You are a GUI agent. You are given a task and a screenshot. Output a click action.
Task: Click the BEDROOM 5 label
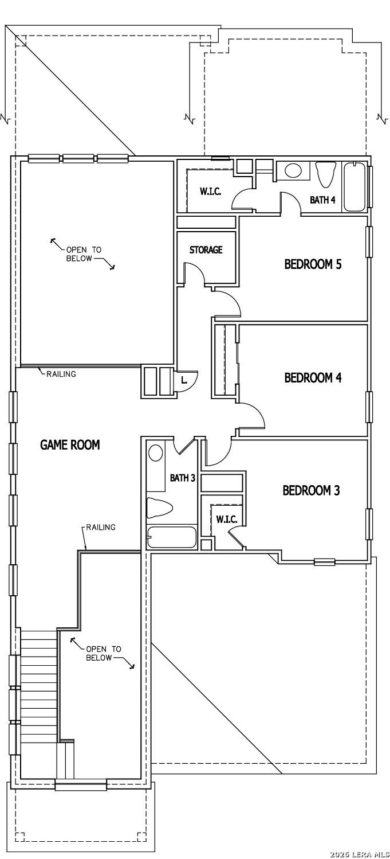coord(313,264)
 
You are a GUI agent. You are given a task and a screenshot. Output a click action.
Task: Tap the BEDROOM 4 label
coord(313,378)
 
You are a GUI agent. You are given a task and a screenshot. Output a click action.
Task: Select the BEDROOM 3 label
coord(311,490)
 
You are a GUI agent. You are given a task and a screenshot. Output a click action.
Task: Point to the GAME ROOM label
coord(70,445)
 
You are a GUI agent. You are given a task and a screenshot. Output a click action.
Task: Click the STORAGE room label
coord(206,250)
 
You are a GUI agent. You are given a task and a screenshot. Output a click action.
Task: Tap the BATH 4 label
coord(322,200)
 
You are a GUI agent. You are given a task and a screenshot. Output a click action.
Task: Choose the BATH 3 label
coord(183,478)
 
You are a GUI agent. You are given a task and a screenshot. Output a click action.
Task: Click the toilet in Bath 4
coord(326,174)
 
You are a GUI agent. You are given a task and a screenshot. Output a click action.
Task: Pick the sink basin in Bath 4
coord(293,171)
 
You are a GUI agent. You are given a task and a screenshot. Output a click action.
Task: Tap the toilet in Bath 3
coord(160,507)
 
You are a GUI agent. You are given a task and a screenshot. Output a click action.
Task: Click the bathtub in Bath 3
coord(172,537)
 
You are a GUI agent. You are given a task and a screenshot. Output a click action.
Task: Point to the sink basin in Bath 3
coord(156,453)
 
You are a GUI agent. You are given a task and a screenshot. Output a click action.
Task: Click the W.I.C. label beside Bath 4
coord(210,192)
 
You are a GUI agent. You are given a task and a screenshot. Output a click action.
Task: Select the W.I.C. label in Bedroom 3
coord(227,520)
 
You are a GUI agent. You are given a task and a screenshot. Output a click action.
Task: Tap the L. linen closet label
coord(184,380)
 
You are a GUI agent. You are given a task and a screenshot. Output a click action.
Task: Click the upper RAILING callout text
coord(61,374)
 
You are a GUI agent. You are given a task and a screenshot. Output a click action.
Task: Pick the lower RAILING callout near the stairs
coord(101,528)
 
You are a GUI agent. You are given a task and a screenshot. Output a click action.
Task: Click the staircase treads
coord(38,686)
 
